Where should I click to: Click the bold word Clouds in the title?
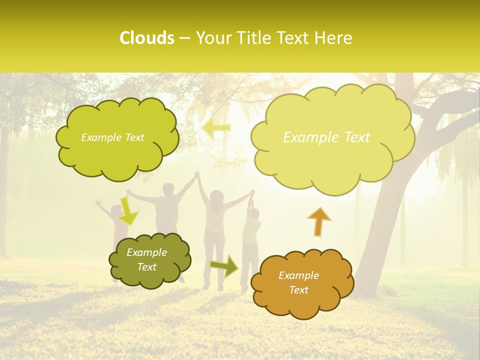146,38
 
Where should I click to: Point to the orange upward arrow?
319,221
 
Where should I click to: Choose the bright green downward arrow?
128,211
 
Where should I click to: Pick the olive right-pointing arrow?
224,265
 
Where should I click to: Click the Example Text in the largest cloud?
326,137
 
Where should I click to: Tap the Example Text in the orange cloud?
298,283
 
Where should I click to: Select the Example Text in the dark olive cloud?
146,260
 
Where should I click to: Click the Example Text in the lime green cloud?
112,137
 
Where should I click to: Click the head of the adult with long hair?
216,197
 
